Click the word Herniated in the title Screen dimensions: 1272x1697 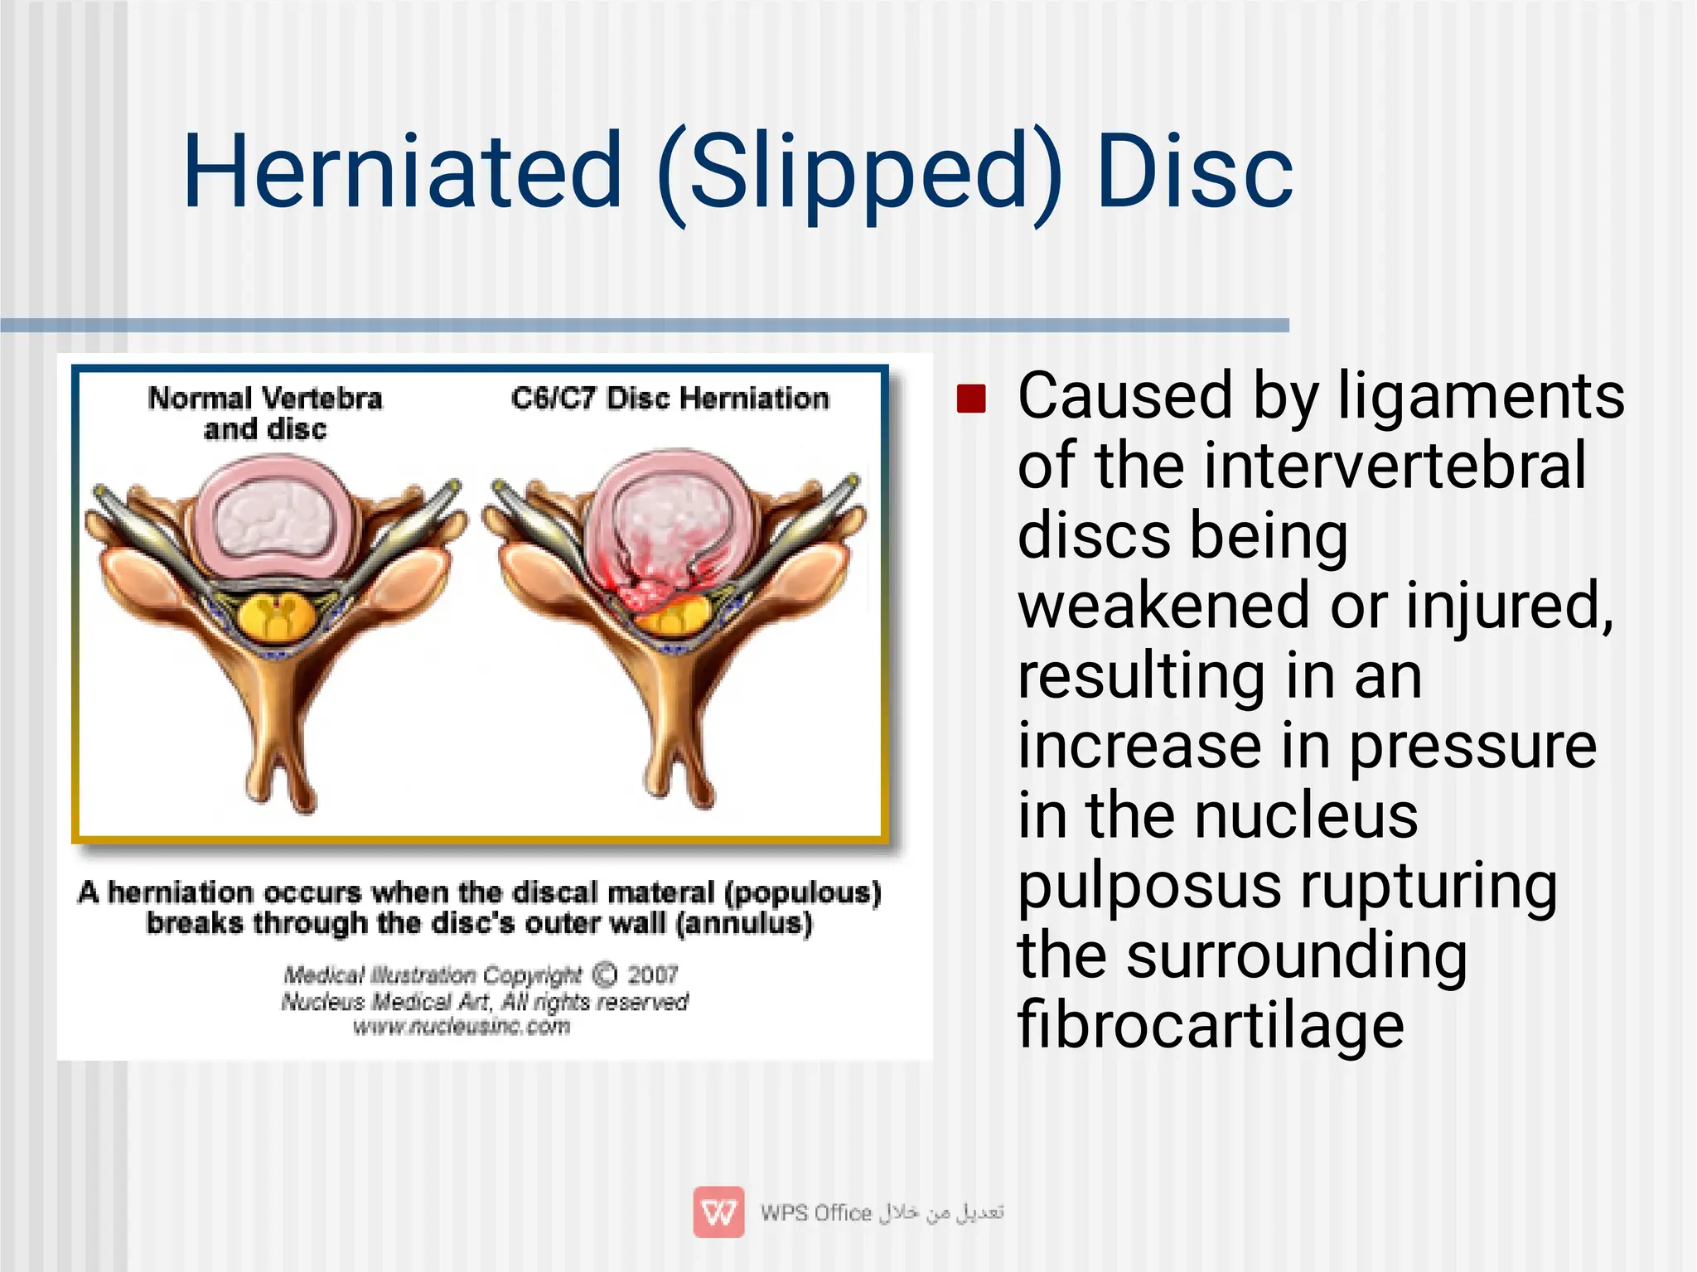coord(402,172)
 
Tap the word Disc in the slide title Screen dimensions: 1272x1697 coord(1193,172)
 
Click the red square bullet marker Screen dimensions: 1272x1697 coord(971,399)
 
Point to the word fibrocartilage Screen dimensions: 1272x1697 coord(1211,1025)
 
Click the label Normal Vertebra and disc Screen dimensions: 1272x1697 coord(265,413)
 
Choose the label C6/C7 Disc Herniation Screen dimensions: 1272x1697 coord(670,399)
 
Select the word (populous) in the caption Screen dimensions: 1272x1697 coord(802,892)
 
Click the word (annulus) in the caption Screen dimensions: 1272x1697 coord(743,923)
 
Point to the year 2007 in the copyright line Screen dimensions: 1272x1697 coord(652,975)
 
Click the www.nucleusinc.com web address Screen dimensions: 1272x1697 coord(462,1028)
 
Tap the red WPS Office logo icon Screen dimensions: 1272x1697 coord(718,1212)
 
